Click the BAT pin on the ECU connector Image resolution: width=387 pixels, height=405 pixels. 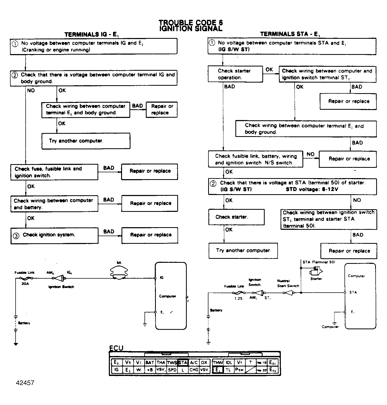(x=150, y=363)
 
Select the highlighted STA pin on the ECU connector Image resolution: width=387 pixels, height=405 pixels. (x=183, y=363)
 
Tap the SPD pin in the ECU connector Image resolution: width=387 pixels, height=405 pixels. (x=172, y=370)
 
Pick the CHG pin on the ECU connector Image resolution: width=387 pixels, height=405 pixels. (x=194, y=370)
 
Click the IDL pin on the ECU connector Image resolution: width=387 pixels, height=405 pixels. (x=229, y=363)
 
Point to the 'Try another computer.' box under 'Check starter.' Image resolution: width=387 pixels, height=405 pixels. (x=243, y=250)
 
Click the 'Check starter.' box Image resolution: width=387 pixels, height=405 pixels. (x=236, y=217)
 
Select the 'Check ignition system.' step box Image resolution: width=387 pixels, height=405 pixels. (x=54, y=235)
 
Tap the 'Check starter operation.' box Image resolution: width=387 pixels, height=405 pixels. (x=235, y=74)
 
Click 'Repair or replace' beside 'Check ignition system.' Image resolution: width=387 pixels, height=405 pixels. (x=150, y=235)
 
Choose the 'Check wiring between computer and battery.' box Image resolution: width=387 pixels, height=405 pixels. (x=54, y=203)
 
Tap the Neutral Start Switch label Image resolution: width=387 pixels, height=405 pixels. (x=288, y=283)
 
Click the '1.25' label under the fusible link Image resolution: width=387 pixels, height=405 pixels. (x=238, y=298)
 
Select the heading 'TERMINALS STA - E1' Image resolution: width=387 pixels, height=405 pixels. (x=290, y=34)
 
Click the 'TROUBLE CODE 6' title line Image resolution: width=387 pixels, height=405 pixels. (x=191, y=23)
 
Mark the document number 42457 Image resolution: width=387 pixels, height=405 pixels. (x=25, y=383)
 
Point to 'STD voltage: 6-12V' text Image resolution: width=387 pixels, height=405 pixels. (x=312, y=189)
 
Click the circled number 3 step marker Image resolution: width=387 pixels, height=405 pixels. (x=16, y=236)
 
